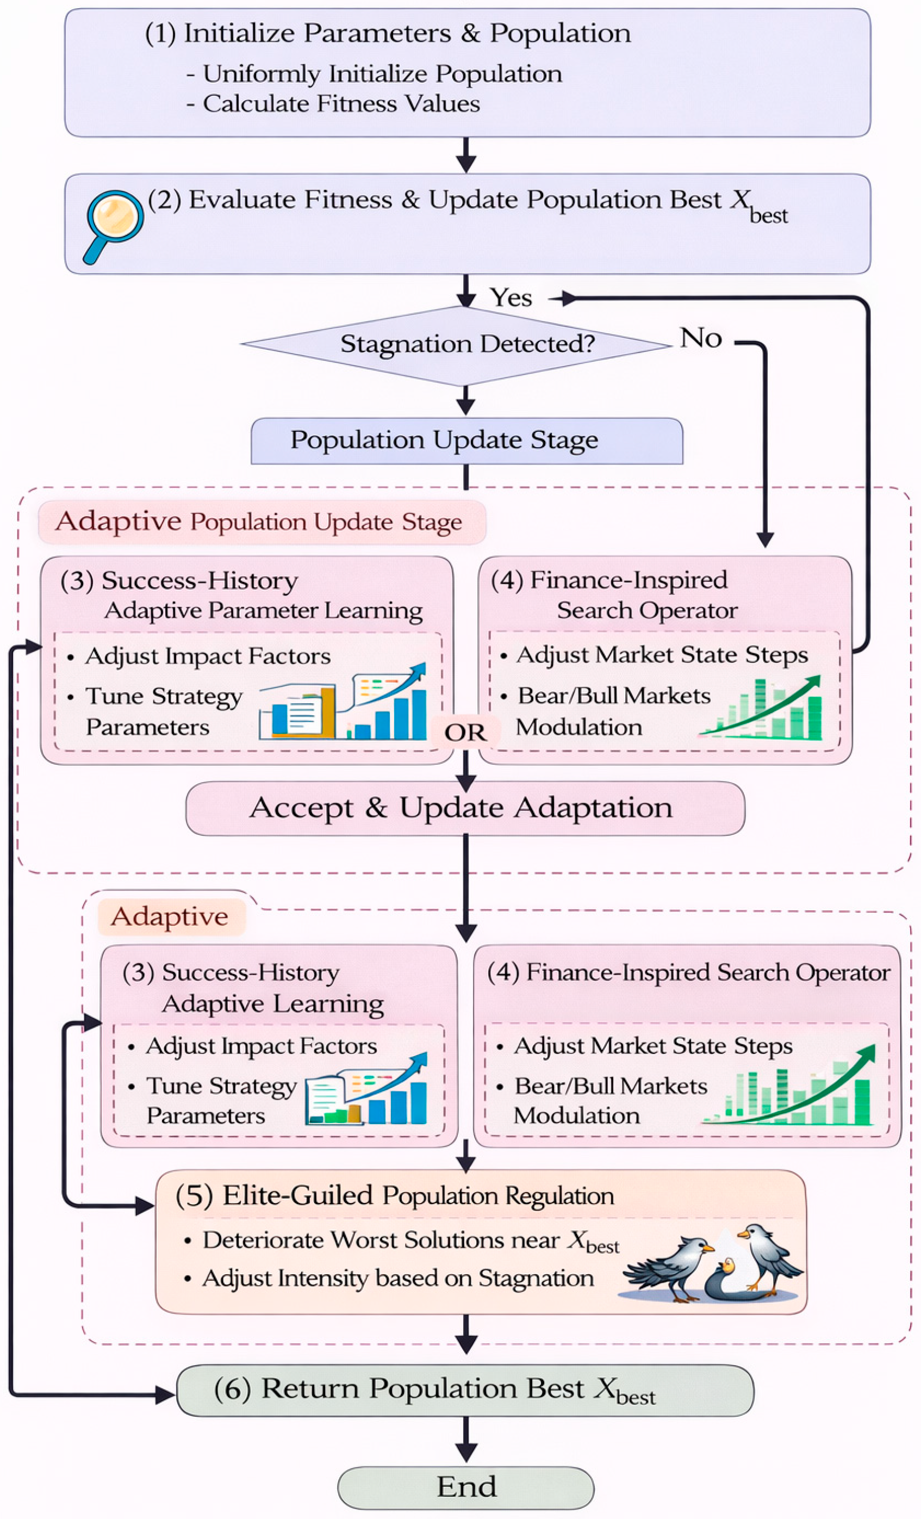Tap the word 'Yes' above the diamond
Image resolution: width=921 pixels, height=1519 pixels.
(511, 297)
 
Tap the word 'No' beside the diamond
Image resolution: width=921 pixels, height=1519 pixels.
(701, 338)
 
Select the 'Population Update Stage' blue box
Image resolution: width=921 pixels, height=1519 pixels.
(466, 441)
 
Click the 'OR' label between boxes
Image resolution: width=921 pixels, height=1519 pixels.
(465, 733)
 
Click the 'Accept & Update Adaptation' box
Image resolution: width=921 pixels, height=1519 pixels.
(465, 808)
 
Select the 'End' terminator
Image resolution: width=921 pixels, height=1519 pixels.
(466, 1486)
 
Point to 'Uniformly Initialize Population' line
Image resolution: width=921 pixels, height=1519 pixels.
(382, 74)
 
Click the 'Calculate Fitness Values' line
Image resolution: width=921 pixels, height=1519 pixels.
(341, 103)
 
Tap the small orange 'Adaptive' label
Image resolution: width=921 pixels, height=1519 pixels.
(170, 917)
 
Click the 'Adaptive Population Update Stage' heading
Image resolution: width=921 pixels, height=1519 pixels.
(259, 522)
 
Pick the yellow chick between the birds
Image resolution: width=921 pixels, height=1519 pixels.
(728, 1266)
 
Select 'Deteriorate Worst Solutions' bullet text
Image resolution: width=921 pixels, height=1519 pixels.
(410, 1241)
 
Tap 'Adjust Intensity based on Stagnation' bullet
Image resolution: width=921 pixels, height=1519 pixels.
(397, 1279)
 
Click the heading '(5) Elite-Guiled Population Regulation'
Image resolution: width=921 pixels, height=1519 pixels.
(395, 1195)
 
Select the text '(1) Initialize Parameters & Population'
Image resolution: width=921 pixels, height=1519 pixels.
(388, 33)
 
